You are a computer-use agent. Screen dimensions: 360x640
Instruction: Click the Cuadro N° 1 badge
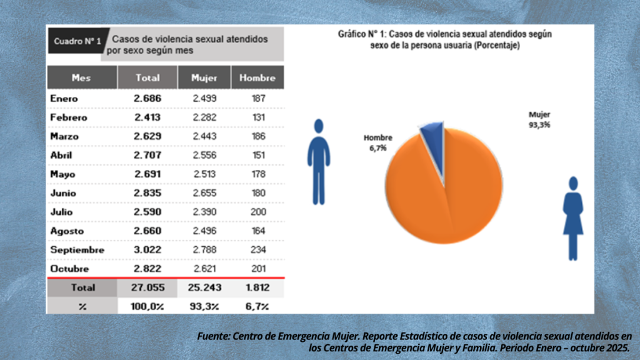point(77,42)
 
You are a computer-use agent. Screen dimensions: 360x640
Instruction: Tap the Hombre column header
point(257,78)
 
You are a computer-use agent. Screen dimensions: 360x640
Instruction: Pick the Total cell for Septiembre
point(147,250)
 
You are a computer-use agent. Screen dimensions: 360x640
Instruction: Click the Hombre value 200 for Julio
point(257,212)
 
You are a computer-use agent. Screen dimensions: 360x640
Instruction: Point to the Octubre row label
point(69,269)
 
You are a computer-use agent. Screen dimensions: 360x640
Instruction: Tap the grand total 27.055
point(147,287)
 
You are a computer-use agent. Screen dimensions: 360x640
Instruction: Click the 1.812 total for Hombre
point(257,287)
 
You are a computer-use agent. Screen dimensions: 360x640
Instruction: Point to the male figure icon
point(318,162)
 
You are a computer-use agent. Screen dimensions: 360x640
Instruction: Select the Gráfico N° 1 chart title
point(444,39)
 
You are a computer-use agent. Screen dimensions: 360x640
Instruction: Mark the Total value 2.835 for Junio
point(147,193)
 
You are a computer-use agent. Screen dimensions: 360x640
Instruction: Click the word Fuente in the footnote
point(213,336)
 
